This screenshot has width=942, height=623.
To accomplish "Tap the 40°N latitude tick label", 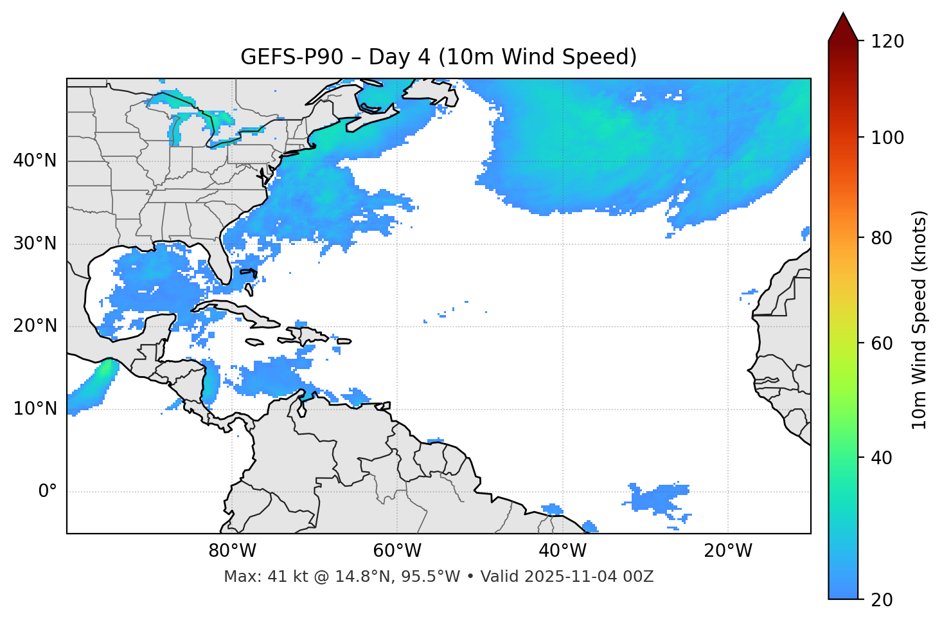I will click(x=35, y=161).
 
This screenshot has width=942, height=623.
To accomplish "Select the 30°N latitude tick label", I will click(x=35, y=244).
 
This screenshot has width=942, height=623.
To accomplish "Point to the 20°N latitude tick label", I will click(x=35, y=326).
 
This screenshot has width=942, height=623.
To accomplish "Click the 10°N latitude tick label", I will click(x=35, y=409).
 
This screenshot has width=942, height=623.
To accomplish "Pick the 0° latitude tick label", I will click(x=48, y=492).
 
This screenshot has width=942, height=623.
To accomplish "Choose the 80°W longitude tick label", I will click(x=232, y=551).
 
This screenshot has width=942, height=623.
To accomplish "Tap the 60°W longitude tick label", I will click(x=397, y=551).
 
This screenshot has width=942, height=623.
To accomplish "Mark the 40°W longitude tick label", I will click(x=562, y=551).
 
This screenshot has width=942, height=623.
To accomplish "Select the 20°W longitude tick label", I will click(x=727, y=551).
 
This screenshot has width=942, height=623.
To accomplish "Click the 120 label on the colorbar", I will click(x=887, y=42).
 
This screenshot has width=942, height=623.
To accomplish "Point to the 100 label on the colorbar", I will click(x=887, y=138).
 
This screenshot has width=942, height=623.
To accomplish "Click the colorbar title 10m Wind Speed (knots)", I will click(x=920, y=320).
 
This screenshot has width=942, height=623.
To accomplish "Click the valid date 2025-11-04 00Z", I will click(x=589, y=577).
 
